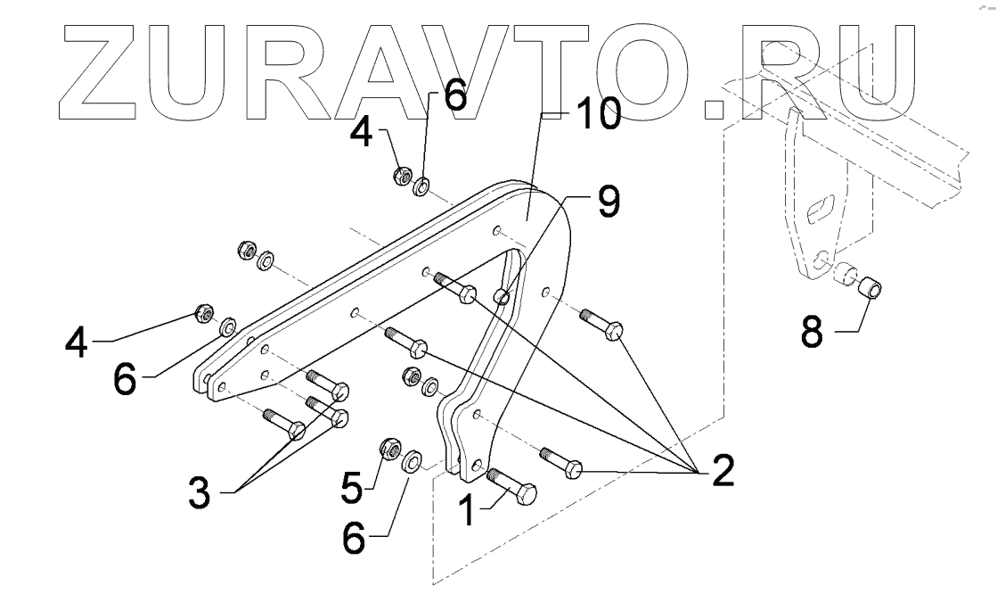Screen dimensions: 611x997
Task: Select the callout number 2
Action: tap(722, 470)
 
